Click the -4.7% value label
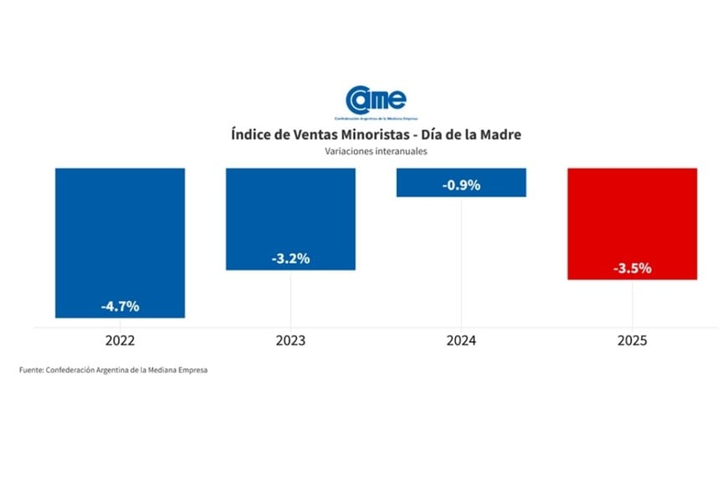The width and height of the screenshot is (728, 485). [120, 306]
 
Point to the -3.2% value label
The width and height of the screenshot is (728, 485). [290, 258]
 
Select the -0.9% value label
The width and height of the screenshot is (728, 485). [461, 186]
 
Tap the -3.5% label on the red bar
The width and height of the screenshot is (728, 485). [632, 268]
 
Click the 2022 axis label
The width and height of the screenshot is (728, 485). [120, 341]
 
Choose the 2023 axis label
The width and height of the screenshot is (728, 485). [290, 341]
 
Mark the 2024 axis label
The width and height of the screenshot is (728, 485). [461, 341]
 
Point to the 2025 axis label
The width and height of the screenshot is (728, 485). [632, 341]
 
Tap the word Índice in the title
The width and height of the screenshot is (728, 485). [254, 135]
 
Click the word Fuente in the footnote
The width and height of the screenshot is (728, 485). [32, 370]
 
